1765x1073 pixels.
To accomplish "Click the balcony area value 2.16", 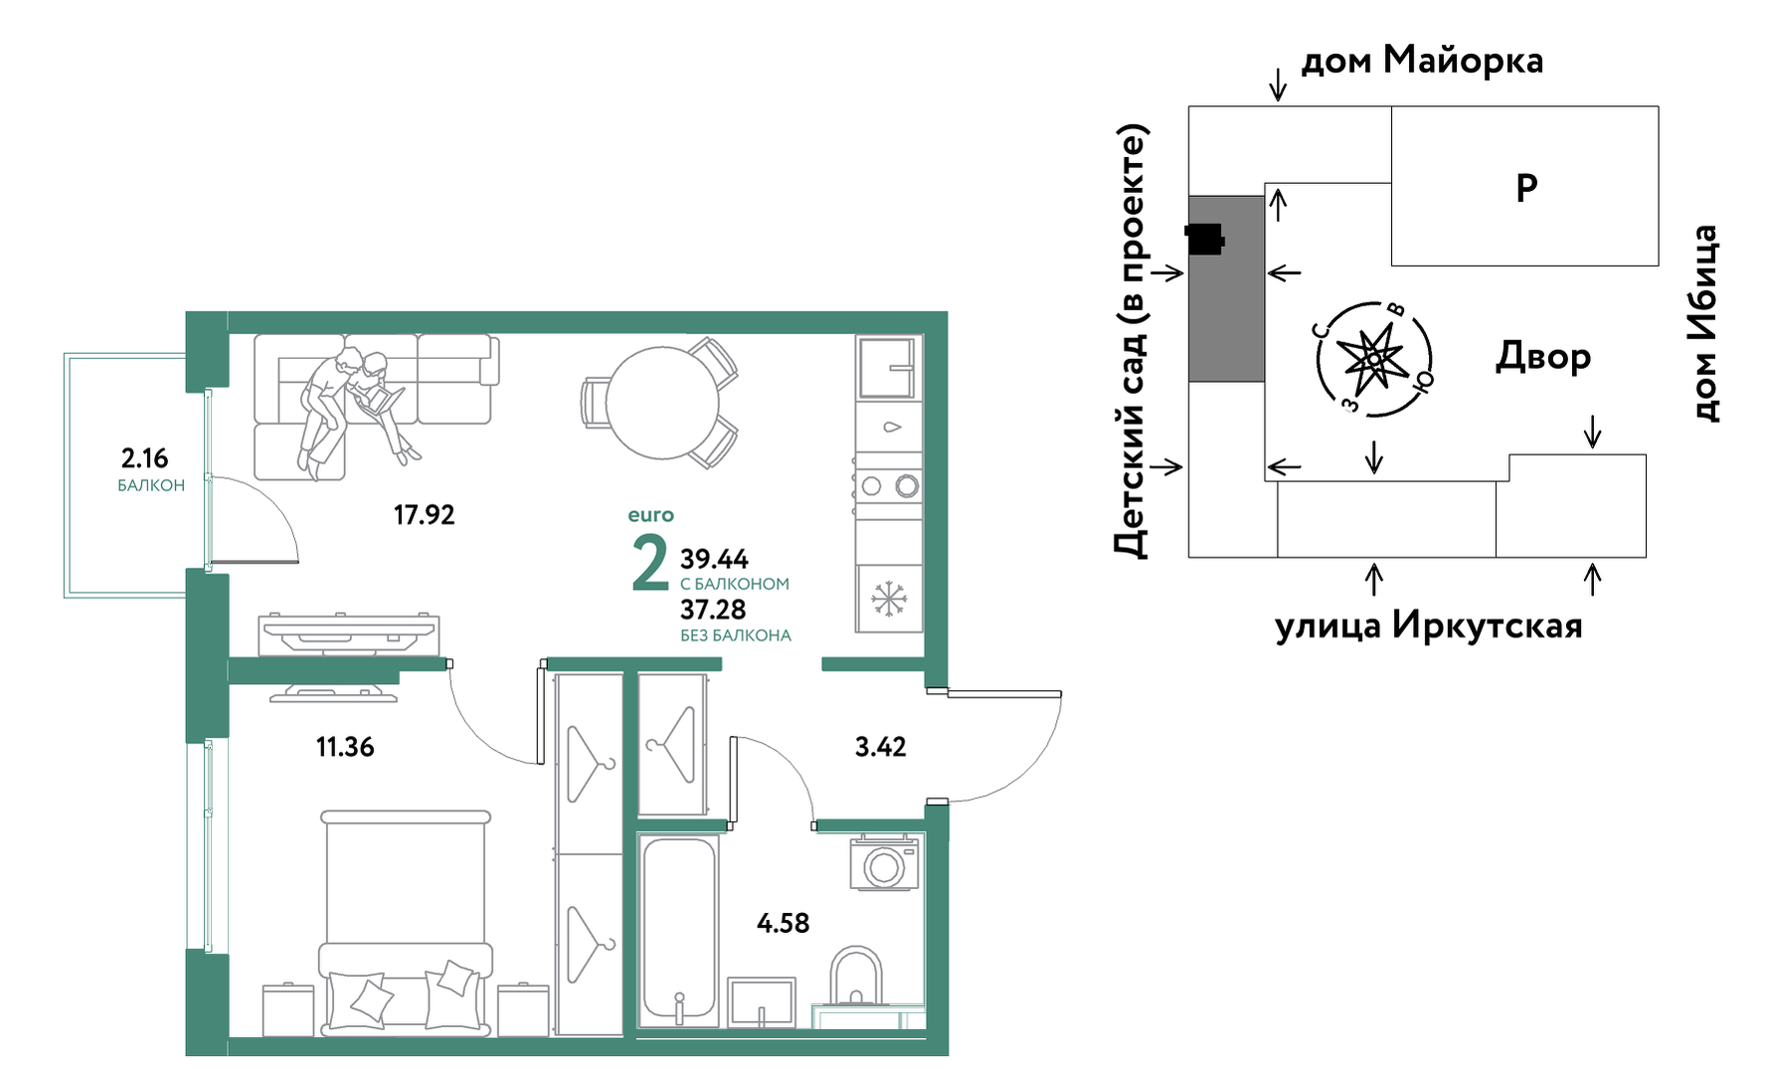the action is click(144, 458).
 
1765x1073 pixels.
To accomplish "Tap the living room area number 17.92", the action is click(424, 515).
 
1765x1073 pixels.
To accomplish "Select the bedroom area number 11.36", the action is click(345, 747).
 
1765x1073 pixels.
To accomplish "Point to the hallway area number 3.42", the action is click(880, 747).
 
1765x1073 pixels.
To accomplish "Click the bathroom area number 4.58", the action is click(783, 924).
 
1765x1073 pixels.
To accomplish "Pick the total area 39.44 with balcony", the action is click(714, 559).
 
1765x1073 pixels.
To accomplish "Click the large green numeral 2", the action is click(650, 563).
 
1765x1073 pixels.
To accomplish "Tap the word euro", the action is click(651, 515).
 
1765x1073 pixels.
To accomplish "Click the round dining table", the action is click(662, 403).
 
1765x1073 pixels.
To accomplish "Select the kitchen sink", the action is click(887, 367).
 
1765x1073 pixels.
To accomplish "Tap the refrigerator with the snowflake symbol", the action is click(889, 599).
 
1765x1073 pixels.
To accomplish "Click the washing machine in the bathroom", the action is click(883, 864).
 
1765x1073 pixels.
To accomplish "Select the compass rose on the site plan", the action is click(1374, 358).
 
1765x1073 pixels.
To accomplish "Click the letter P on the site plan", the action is click(1526, 187).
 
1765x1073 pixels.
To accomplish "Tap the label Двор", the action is click(1543, 356).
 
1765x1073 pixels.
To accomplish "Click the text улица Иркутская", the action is click(1429, 626).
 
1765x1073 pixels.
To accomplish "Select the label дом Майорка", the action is click(1422, 61).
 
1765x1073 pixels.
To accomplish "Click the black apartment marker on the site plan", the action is click(1204, 240).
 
